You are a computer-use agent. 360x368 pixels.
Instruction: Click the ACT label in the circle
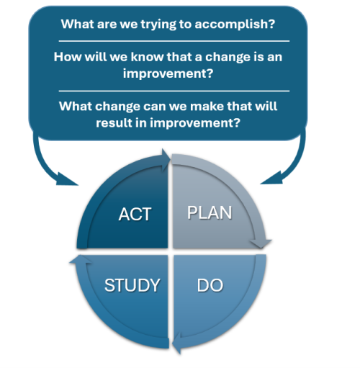[135, 215]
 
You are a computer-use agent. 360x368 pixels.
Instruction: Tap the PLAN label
[210, 213]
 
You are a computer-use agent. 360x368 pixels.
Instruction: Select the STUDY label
[132, 285]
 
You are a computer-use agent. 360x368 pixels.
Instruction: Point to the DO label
[210, 285]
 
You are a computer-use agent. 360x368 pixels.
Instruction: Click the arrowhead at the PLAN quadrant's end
[264, 244]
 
